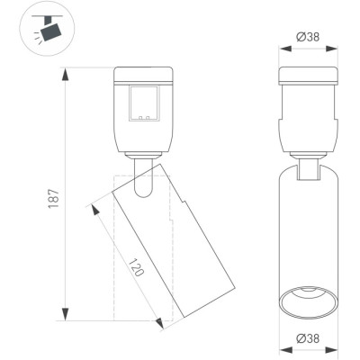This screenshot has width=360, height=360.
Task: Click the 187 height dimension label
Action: click(x=54, y=199)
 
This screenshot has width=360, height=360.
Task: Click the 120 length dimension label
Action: click(x=137, y=267)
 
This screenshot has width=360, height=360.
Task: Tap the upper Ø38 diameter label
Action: click(x=308, y=37)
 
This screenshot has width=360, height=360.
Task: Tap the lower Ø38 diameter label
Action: click(x=308, y=338)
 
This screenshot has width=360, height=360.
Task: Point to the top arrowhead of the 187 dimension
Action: click(x=65, y=74)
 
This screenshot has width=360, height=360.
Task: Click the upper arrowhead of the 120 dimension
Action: click(x=94, y=210)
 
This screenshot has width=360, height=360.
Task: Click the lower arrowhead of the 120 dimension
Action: click(x=159, y=322)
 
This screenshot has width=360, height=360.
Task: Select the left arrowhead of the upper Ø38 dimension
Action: click(x=285, y=49)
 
